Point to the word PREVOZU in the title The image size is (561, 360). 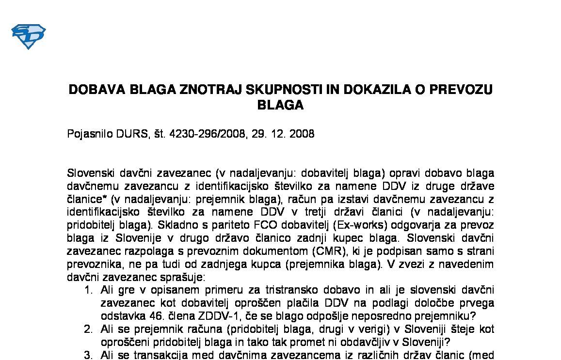tap(462, 90)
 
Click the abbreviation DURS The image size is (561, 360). tap(132, 134)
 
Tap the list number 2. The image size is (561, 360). tap(88, 329)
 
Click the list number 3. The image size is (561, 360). tap(88, 355)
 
